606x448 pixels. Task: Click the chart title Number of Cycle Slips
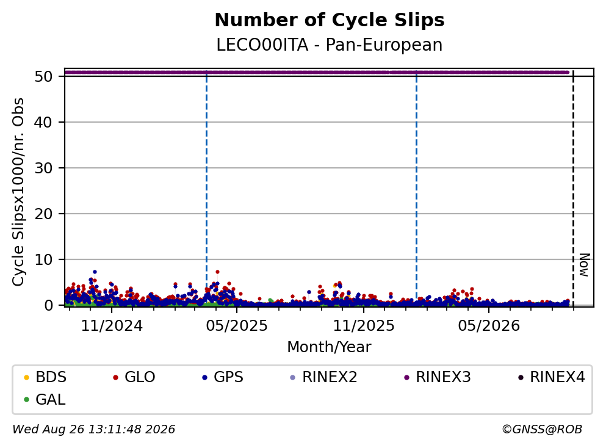coord(330,20)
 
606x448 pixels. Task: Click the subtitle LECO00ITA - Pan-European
coord(330,45)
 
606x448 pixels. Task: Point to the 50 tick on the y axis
coord(43,76)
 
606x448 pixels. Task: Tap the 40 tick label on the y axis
coord(43,122)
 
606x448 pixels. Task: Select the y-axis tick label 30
coord(43,168)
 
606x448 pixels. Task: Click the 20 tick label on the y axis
coord(43,214)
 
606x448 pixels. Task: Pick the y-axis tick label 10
coord(43,260)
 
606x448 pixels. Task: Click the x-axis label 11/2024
coord(112,326)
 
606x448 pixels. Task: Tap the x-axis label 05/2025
coord(237,326)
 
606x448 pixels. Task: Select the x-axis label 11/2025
coord(364,326)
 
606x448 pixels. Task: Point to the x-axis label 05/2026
coord(489,326)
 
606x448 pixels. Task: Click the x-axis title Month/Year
coord(330,347)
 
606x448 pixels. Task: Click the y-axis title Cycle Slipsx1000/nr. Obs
coord(18,192)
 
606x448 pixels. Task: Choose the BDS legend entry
coord(45,377)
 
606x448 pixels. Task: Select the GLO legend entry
coord(134,377)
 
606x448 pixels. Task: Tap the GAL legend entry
coord(45,399)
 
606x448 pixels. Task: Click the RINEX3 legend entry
coord(438,377)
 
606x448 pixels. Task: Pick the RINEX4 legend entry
coord(552,377)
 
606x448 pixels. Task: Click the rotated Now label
coord(585,265)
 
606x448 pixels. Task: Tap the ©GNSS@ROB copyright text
coord(542,430)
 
